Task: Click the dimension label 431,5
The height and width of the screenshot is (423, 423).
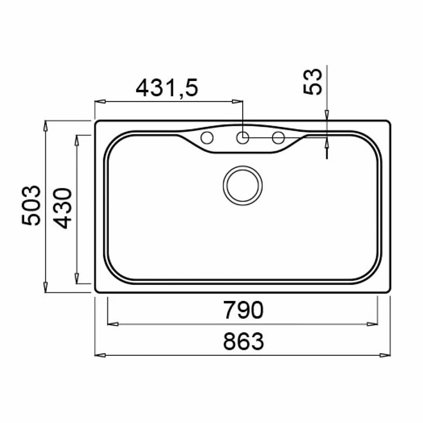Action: [167, 88]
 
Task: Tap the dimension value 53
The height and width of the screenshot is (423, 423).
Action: [313, 81]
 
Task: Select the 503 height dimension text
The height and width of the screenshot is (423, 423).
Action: [31, 205]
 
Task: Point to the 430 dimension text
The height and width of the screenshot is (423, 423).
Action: [62, 208]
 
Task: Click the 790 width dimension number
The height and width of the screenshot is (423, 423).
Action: [243, 310]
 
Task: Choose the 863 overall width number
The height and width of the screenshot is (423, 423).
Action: [243, 341]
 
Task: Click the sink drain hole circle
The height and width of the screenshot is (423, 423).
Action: [242, 186]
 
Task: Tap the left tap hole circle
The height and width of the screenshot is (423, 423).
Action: [207, 138]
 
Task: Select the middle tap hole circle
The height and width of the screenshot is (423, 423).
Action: [242, 138]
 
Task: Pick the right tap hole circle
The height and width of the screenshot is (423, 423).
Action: [278, 138]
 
